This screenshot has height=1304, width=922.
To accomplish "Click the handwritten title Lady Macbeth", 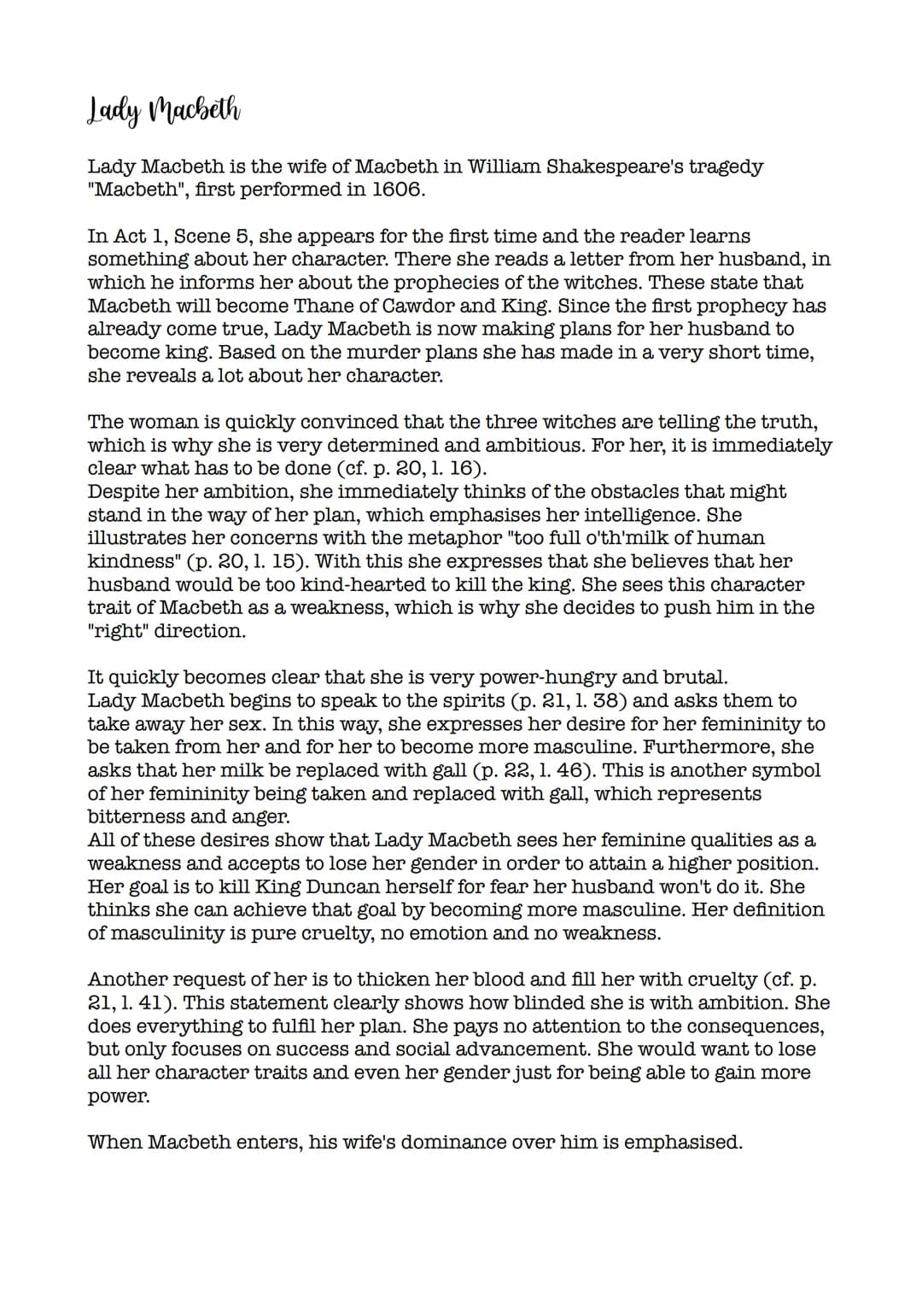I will (165, 113).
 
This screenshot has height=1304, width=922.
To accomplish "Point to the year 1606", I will (397, 190).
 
